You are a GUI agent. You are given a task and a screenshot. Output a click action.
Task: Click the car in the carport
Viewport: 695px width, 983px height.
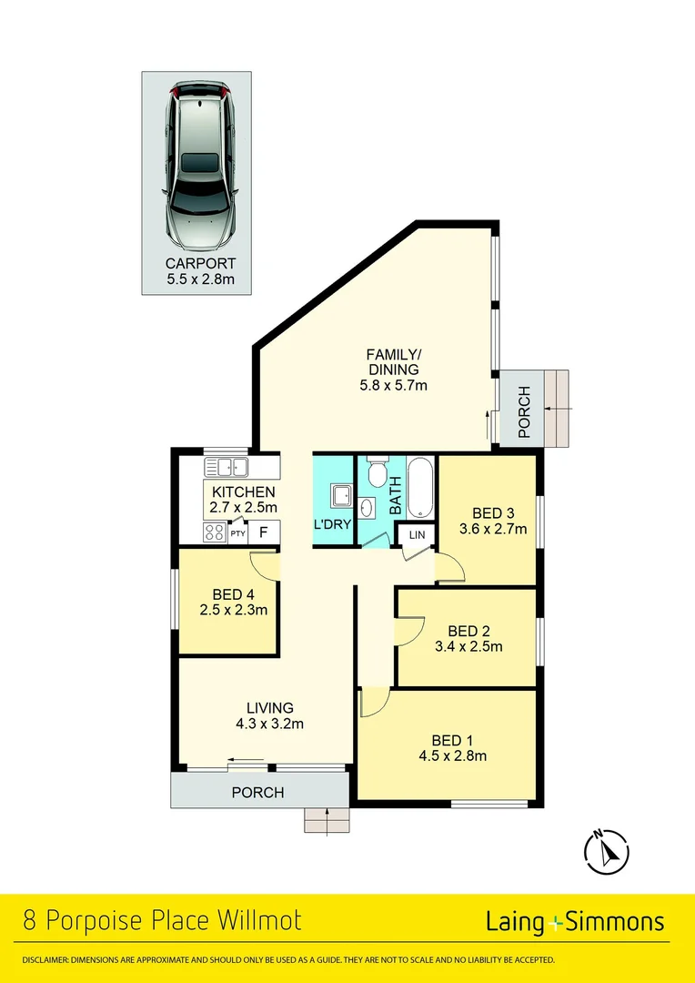200,167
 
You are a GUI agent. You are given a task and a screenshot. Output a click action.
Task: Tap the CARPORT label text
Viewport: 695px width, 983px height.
200,263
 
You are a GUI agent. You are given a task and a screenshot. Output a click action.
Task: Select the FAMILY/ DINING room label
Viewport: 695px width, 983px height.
393,361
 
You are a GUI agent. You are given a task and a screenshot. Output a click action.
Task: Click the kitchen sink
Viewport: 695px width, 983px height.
227,467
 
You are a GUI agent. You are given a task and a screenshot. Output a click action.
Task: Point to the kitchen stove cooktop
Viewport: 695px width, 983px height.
215,532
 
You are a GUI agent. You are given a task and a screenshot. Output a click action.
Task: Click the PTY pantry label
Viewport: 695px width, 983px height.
237,533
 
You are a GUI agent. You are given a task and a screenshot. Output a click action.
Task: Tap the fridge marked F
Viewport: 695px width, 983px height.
264,532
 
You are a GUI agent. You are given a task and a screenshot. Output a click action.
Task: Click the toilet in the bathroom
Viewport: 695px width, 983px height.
378,473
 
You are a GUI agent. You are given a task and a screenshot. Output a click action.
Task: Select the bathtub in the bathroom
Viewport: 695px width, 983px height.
420,488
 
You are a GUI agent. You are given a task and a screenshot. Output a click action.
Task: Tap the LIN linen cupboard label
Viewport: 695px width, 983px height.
417,535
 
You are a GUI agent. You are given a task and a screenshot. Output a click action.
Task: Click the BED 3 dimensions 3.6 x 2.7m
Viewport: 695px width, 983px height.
492,529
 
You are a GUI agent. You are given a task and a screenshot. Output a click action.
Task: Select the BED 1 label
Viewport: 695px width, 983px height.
451,742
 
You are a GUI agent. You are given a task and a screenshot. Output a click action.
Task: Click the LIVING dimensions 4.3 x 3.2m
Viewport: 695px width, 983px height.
270,724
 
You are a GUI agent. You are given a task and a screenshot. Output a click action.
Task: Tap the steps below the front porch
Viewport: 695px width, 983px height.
327,820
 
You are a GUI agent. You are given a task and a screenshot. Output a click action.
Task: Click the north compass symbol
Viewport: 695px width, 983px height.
606,852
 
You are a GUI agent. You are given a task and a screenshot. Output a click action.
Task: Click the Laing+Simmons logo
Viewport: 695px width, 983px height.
575,922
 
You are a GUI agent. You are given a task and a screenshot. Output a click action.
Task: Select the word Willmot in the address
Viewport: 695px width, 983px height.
259,921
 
